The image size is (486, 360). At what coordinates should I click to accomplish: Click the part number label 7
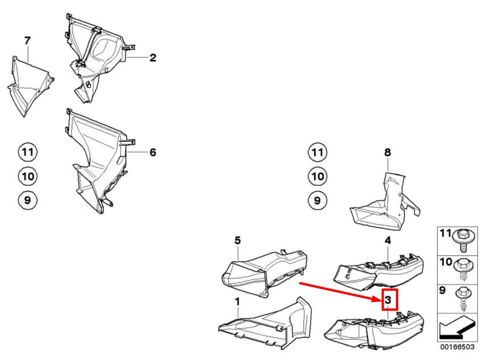point(27,41)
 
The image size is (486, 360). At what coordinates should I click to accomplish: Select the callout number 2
point(153,58)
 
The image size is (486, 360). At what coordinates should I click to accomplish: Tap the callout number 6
point(153,152)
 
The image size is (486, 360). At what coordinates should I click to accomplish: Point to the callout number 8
point(388,152)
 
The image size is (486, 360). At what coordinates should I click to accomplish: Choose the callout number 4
point(388,241)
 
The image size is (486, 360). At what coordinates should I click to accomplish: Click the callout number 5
point(238,241)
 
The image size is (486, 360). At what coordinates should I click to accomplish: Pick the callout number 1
point(237,302)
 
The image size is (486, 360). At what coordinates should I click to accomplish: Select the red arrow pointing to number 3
point(339,291)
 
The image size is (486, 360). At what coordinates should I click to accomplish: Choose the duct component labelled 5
point(265,272)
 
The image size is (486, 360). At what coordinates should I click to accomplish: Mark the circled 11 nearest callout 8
point(318,152)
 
